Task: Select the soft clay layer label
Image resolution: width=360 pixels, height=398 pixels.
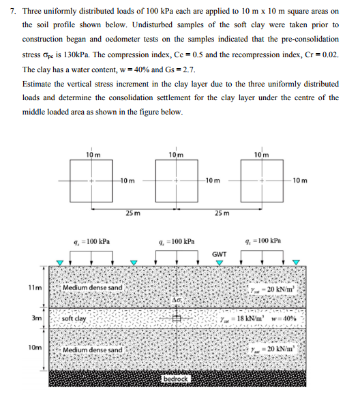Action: [74, 318]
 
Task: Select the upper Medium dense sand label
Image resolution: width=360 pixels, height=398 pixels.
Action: [93, 288]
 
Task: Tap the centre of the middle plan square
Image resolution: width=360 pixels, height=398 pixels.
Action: [177, 181]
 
